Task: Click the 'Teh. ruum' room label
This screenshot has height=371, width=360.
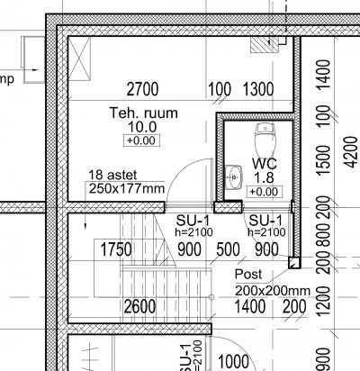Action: pos(144,113)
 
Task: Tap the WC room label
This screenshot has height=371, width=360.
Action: pos(265,164)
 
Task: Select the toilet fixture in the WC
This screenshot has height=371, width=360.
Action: pos(265,140)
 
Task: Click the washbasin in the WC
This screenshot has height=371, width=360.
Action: pos(233,177)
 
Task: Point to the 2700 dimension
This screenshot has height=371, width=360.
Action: pos(142,89)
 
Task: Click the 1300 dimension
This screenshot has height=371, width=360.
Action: pos(258,89)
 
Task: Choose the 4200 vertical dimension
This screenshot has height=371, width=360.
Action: pos(351,152)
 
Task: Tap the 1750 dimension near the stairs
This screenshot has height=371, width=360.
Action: pos(116,249)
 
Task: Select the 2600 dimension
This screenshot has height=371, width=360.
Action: pos(139,307)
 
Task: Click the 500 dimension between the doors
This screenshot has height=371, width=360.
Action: pos(228,249)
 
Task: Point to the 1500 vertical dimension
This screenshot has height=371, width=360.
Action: pos(323,160)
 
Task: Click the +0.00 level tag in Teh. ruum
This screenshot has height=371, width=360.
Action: pos(141,140)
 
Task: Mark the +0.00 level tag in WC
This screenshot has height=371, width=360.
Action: pos(265,192)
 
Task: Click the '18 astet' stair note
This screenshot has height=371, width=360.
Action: pos(112,175)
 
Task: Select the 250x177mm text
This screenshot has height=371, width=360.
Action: pos(127,188)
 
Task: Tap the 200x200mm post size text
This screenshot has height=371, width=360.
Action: pos(273,291)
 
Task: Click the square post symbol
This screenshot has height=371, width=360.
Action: pos(294,263)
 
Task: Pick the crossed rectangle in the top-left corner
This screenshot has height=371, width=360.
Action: pos(79,59)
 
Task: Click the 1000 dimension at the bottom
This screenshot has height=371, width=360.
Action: pos(233,362)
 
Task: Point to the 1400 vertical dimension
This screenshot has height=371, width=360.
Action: pos(323,75)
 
